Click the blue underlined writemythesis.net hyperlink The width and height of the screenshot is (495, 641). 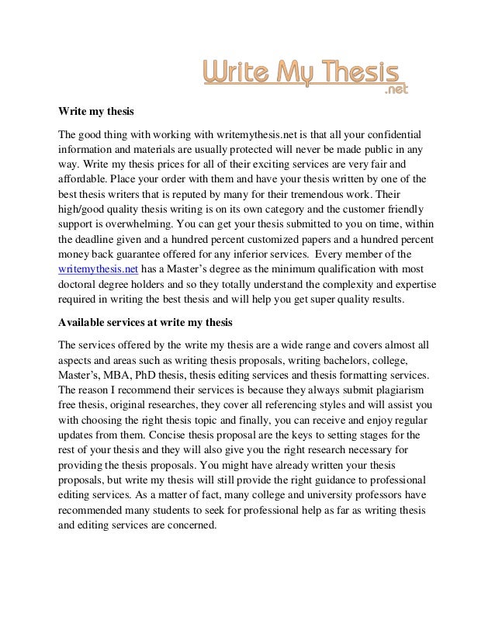[x=98, y=269]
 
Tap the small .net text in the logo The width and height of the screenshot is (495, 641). [x=396, y=90]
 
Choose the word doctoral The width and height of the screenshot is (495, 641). [x=80, y=282]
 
